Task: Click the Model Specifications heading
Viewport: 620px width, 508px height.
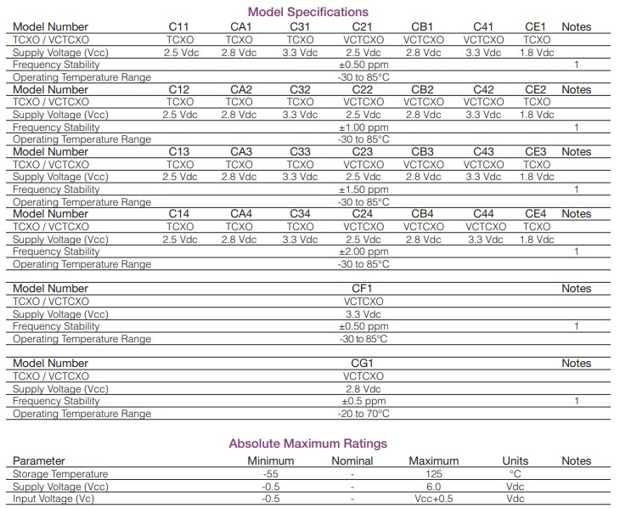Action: pos(307,12)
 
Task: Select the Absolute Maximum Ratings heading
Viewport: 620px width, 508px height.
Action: pos(307,443)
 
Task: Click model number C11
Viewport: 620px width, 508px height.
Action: pos(179,27)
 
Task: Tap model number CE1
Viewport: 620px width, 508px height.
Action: pos(536,27)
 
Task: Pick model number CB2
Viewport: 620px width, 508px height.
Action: pos(422,90)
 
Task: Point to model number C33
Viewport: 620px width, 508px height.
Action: pos(300,152)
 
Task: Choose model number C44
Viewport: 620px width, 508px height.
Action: pos(483,214)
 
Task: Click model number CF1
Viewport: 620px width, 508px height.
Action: pos(363,289)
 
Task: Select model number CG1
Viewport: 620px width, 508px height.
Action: pos(363,364)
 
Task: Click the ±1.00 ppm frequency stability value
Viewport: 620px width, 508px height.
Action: pos(363,127)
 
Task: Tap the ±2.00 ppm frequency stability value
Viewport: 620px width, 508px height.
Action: pos(363,251)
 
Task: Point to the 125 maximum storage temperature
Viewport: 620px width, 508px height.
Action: pos(433,474)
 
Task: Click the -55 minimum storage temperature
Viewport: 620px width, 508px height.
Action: pos(272,474)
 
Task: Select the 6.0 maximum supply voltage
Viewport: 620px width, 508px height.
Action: pos(433,487)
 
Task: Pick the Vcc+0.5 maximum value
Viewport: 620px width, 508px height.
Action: pos(433,499)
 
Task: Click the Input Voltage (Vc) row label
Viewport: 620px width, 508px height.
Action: pos(54,499)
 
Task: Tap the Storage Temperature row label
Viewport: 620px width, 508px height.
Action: pos(60,474)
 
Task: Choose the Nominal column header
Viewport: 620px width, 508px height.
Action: pos(352,461)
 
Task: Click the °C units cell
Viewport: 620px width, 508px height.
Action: pos(515,474)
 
